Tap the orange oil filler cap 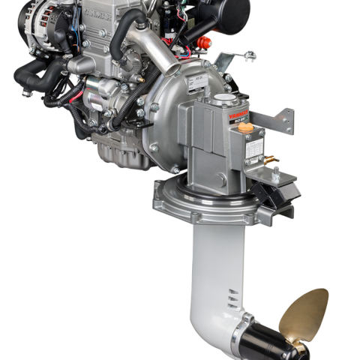(245, 127)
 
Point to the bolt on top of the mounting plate (274, 172)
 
